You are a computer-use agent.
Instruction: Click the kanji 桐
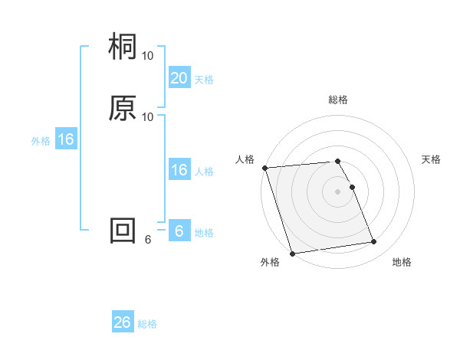(x=123, y=48)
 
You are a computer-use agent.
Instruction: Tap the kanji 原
(x=123, y=109)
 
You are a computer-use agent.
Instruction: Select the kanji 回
(x=123, y=231)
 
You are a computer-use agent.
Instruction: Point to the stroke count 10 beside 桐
(x=148, y=56)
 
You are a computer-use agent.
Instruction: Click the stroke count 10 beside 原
(x=148, y=116)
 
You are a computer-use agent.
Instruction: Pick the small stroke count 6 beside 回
(x=148, y=239)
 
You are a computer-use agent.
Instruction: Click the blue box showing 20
(x=179, y=78)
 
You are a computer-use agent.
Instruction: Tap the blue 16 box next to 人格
(x=179, y=171)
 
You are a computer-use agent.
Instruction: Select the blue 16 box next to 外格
(x=65, y=139)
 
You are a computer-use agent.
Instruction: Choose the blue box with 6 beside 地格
(x=179, y=231)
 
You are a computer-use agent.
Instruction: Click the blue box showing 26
(x=123, y=322)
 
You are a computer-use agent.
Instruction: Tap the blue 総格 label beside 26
(x=147, y=324)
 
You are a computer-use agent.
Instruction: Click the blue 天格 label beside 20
(x=204, y=80)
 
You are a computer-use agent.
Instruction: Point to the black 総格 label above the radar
(x=338, y=100)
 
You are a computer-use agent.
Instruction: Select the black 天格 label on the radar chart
(x=431, y=159)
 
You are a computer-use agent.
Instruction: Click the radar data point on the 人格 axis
(x=264, y=168)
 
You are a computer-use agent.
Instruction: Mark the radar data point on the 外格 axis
(x=292, y=253)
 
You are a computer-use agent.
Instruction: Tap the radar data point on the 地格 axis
(x=373, y=242)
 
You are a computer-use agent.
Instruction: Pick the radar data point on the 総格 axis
(x=338, y=162)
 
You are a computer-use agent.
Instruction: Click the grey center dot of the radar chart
(x=338, y=191)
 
